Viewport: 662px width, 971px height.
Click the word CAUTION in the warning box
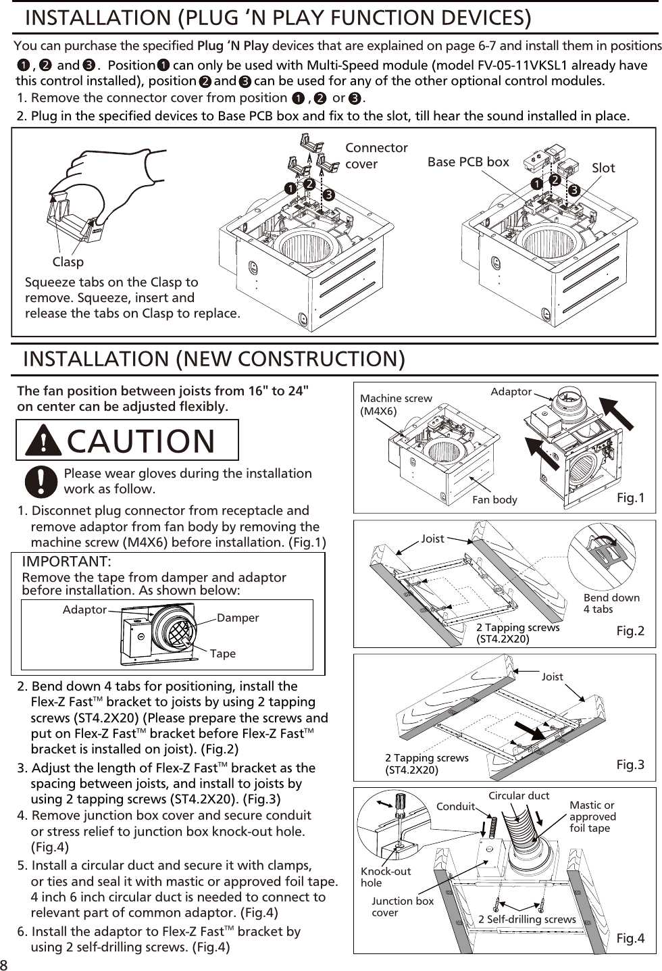tap(141, 441)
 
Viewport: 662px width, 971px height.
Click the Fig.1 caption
tap(630, 498)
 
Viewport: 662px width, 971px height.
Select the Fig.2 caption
tap(630, 631)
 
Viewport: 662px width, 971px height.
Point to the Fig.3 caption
tap(630, 765)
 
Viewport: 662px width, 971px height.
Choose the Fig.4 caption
tap(630, 939)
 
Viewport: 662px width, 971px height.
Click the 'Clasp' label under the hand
tap(68, 262)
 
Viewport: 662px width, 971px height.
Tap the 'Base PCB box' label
tap(468, 162)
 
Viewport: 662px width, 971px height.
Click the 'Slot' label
tap(603, 168)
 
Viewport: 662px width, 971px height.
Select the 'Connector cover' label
tap(376, 156)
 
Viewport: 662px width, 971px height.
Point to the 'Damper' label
tap(238, 618)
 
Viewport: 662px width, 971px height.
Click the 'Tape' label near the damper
tap(222, 654)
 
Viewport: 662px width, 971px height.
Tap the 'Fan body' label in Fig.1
tap(494, 500)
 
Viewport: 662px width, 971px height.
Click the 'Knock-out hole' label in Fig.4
tap(385, 877)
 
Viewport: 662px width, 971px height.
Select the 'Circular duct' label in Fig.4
tap(519, 796)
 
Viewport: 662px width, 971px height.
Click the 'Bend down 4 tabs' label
tap(611, 603)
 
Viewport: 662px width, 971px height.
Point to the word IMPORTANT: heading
tap(66, 562)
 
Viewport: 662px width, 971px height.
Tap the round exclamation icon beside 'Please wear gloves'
tap(41, 482)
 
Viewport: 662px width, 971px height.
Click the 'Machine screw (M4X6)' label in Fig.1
tap(396, 405)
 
